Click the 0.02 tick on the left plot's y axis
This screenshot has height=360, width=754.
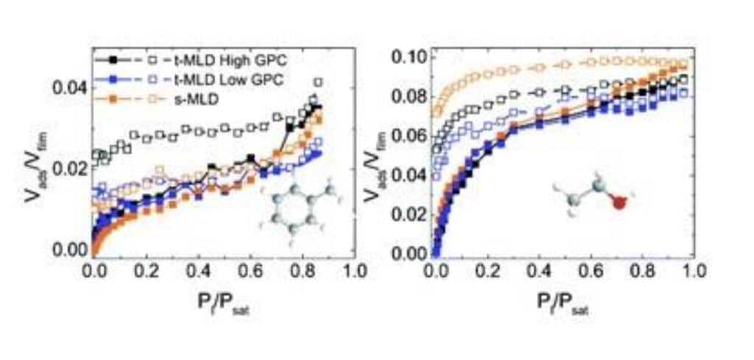[x=70, y=169]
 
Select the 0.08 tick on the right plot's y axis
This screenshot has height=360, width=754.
[x=410, y=96]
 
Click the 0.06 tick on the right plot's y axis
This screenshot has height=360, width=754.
[x=410, y=136]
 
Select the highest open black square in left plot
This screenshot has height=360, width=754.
[x=318, y=82]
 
